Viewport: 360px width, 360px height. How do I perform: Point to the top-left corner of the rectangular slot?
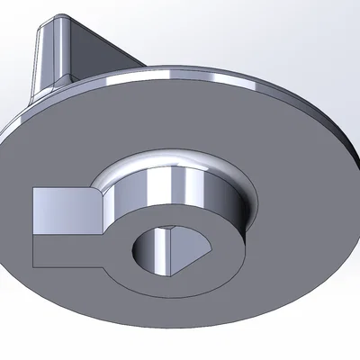[34, 188]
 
